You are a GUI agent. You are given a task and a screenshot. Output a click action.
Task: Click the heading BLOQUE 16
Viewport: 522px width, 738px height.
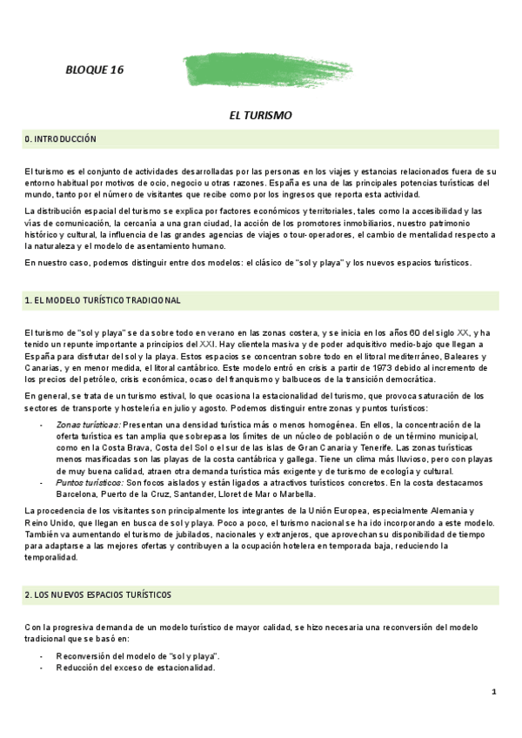pos(95,71)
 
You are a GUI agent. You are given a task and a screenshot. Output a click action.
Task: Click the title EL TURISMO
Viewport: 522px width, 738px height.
pos(260,115)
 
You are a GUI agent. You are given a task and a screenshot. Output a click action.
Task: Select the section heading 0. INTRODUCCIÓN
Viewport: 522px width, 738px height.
pos(60,139)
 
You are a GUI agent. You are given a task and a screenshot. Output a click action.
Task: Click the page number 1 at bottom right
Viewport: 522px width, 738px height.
pos(493,692)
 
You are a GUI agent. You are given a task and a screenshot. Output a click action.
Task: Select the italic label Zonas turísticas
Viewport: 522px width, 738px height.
pos(86,424)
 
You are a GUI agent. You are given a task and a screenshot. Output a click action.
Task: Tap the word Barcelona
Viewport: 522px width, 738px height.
pos(80,493)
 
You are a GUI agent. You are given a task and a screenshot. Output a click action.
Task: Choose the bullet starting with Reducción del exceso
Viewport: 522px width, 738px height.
pos(134,668)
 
